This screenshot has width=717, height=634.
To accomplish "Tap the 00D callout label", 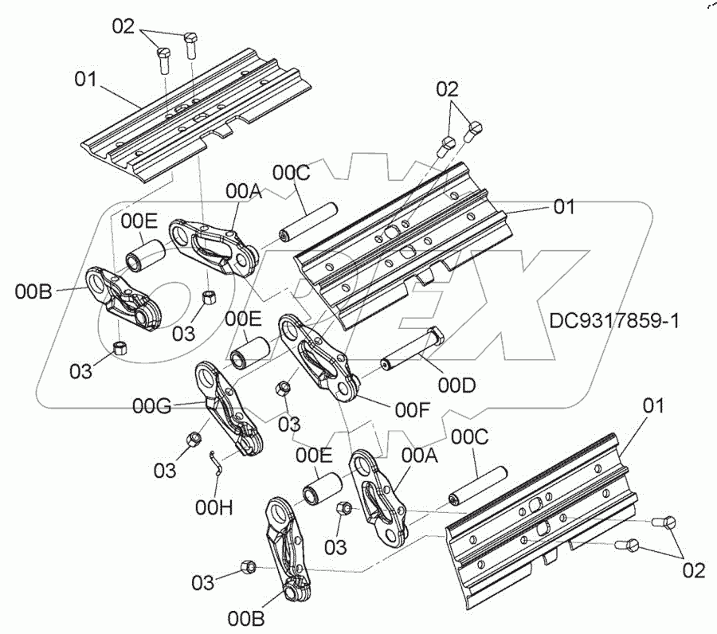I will pyautogui.click(x=456, y=385).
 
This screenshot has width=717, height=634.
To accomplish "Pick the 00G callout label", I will pyautogui.click(x=151, y=407).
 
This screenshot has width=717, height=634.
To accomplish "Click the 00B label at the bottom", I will pyautogui.click(x=245, y=617).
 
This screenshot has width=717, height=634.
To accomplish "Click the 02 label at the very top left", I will pyautogui.click(x=123, y=26).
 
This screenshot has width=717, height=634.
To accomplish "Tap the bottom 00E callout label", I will pyautogui.click(x=315, y=456).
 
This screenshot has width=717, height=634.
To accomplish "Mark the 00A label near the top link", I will pyautogui.click(x=243, y=191).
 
